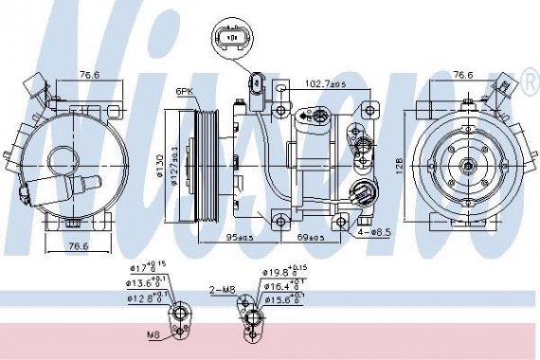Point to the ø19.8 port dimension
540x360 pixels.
[x=282, y=275]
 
